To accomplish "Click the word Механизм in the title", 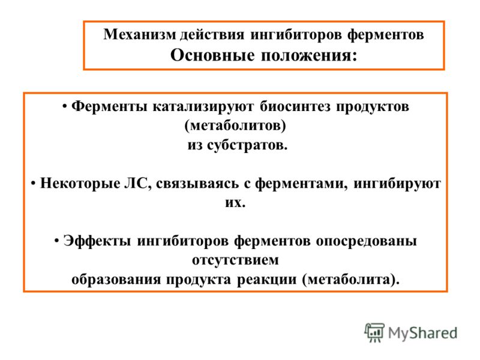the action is [140, 34].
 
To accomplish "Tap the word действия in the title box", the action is [212, 35].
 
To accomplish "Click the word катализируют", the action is [203, 107].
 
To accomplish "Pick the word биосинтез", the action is [295, 106].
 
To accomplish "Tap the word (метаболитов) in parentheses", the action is [235, 125].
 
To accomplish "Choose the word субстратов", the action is [247, 145].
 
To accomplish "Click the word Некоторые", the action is [80, 184].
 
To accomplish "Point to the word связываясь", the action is [197, 184].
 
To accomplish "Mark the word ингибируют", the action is [397, 184].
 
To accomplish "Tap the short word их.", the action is [235, 203].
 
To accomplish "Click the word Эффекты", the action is [97, 241].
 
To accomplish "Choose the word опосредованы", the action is [366, 241].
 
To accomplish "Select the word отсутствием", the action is [235, 260].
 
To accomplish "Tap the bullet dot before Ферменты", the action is [65, 107].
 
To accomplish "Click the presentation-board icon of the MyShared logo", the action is [374, 332].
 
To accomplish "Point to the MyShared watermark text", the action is [422, 333].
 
